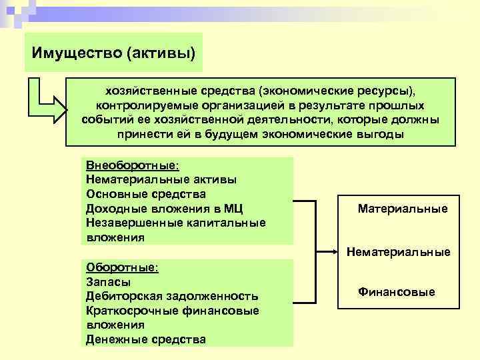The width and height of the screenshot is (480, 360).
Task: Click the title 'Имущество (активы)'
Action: (x=113, y=52)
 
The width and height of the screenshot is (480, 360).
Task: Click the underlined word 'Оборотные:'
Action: (x=122, y=267)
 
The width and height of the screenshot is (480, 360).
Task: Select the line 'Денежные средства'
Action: (x=146, y=339)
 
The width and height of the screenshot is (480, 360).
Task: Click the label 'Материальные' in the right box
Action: (x=403, y=209)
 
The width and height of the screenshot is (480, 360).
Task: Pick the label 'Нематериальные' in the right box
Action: (x=399, y=252)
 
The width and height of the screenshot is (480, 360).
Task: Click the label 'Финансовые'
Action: (x=397, y=292)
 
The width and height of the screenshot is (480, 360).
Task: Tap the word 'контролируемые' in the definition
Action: (x=137, y=105)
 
